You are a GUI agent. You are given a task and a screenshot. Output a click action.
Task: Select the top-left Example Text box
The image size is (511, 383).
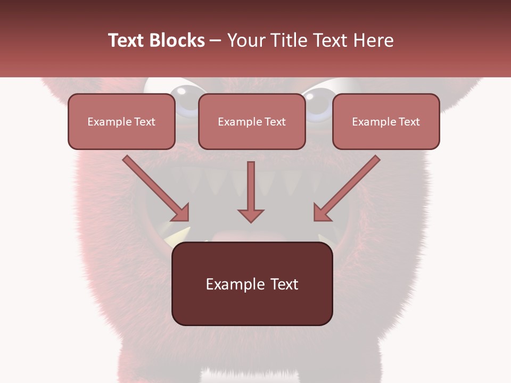[x=121, y=122]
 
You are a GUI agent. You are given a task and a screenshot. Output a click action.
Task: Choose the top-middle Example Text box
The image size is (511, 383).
[x=252, y=122]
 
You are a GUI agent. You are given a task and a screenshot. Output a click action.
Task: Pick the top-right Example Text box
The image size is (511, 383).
[x=386, y=122]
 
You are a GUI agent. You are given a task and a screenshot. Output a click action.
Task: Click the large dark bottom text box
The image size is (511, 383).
[x=252, y=284]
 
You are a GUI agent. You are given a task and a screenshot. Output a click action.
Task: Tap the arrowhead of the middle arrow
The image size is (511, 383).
[x=251, y=215]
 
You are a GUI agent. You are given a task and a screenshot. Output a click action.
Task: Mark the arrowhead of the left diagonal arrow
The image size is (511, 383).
[x=181, y=213]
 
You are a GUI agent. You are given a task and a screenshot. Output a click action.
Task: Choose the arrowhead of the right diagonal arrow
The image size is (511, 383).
[x=321, y=213]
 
